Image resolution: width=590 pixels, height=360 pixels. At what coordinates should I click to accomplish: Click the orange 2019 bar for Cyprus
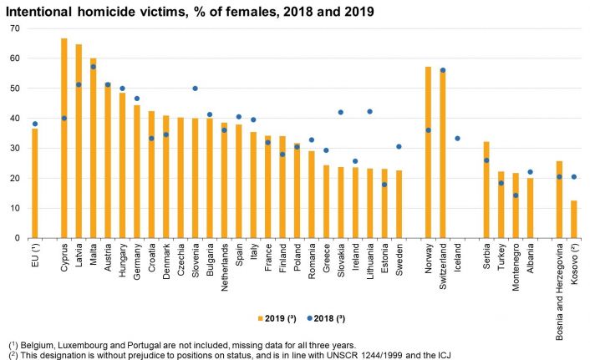[x=64, y=138]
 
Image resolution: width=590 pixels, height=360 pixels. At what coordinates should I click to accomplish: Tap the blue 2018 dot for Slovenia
[x=195, y=89]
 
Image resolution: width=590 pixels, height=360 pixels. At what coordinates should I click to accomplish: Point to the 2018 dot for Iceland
[x=457, y=139]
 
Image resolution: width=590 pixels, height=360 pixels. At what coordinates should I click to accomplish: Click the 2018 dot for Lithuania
[x=369, y=111]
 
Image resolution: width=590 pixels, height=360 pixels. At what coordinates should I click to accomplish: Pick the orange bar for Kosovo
[x=573, y=219]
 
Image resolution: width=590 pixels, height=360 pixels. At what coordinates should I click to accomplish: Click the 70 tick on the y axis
[x=14, y=28]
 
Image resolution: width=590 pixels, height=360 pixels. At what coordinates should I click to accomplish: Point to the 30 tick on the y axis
[x=14, y=149]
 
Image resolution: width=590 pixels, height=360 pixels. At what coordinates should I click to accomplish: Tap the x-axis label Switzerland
[x=443, y=266]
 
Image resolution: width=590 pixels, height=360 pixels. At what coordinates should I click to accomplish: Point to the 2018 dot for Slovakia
[x=340, y=112]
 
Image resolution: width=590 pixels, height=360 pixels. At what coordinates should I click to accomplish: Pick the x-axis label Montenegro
[x=516, y=266]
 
